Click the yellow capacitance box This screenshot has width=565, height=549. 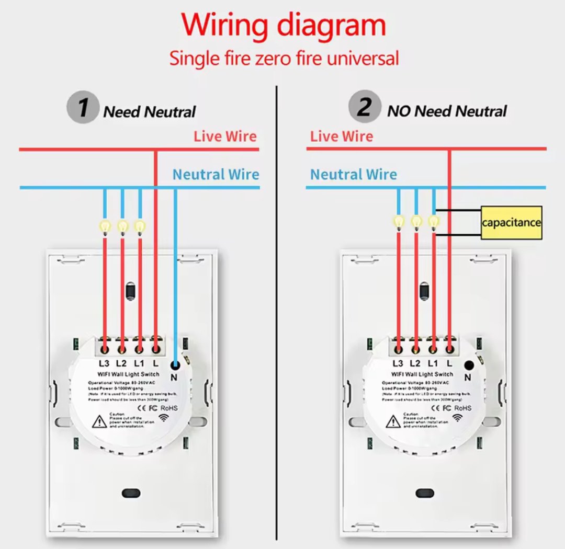pyautogui.click(x=511, y=222)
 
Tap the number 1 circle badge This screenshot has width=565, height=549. pyautogui.click(x=82, y=108)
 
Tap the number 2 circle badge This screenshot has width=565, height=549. pyautogui.click(x=364, y=108)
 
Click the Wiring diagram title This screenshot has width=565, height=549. pyautogui.click(x=284, y=25)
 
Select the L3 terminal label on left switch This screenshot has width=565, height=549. pyautogui.click(x=104, y=363)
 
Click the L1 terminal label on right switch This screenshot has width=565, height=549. pyautogui.click(x=432, y=363)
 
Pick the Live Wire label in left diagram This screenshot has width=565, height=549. pyautogui.click(x=225, y=136)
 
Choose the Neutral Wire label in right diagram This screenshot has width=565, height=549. pyautogui.click(x=353, y=174)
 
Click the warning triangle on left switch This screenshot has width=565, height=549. pyautogui.click(x=99, y=421)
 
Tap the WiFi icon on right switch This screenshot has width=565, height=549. pyautogui.click(x=458, y=417)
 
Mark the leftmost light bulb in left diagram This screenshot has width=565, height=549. pyautogui.click(x=105, y=226)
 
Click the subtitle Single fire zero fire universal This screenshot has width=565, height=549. pyautogui.click(x=284, y=58)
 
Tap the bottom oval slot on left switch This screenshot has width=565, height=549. pyautogui.click(x=129, y=493)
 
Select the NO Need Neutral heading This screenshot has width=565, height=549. pyautogui.click(x=447, y=111)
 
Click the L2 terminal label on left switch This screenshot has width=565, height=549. pyautogui.click(x=121, y=363)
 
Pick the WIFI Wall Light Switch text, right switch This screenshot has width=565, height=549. pyautogui.click(x=422, y=374)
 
